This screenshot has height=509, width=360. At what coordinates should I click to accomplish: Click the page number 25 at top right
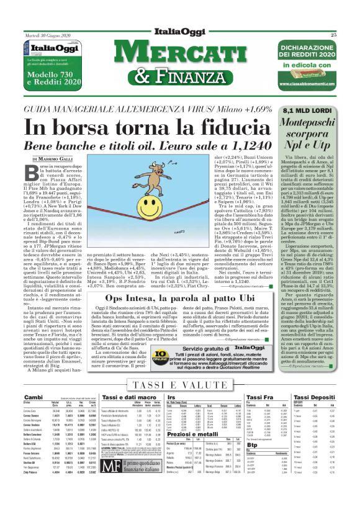point(351,35)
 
